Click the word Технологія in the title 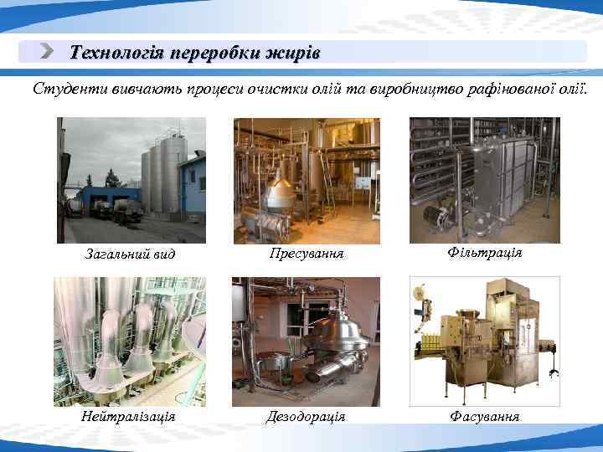tap(116, 54)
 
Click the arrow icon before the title tap(49, 53)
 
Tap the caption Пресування tap(307, 252)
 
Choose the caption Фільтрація tap(484, 252)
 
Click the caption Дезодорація tap(306, 416)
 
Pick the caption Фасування tap(484, 416)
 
